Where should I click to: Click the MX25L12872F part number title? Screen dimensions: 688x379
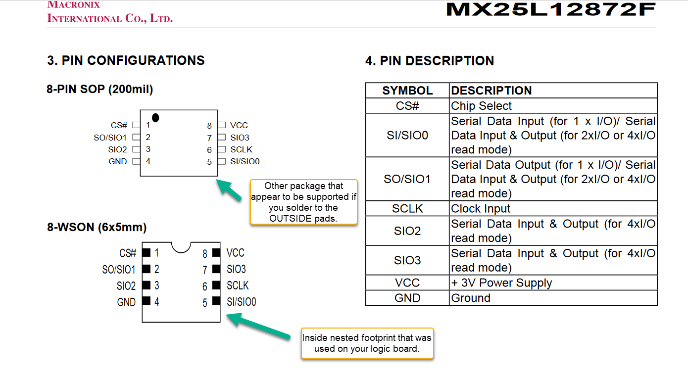(x=551, y=9)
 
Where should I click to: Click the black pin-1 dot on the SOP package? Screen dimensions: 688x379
(x=155, y=118)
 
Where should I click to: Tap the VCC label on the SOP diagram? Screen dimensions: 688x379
(x=239, y=125)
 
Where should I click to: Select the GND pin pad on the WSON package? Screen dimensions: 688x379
(x=146, y=301)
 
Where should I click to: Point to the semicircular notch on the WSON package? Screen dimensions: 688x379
(x=181, y=247)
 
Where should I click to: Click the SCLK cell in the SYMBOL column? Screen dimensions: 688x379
(x=407, y=208)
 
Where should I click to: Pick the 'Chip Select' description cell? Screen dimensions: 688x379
(x=553, y=106)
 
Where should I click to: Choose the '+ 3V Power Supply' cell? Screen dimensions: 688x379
(x=553, y=283)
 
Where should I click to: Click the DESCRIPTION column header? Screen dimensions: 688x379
(x=553, y=90)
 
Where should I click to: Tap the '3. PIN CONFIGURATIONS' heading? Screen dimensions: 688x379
(x=126, y=60)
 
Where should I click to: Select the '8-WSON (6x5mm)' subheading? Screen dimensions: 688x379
(x=97, y=227)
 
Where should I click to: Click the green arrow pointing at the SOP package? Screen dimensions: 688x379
(x=229, y=190)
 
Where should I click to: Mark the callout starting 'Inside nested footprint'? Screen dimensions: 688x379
(x=367, y=343)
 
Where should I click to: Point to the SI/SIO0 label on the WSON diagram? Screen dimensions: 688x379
(x=242, y=302)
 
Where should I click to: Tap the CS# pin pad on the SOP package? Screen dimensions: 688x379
(x=136, y=125)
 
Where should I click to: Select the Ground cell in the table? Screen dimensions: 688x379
(x=553, y=298)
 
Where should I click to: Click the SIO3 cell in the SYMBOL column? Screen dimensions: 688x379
(x=407, y=260)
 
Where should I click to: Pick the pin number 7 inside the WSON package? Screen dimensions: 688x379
(x=205, y=270)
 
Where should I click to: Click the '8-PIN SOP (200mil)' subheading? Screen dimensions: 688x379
(x=100, y=90)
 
